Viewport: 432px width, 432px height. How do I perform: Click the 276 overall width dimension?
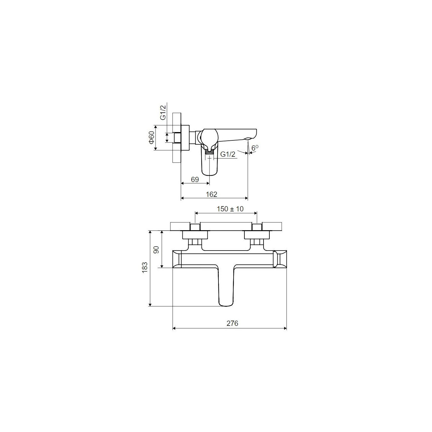point(232,323)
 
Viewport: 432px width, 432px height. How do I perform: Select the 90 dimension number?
point(156,250)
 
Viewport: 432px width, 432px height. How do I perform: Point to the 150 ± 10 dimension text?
point(230,209)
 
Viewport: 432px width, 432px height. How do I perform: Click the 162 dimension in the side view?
point(212,194)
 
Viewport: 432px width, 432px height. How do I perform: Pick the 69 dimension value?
point(195,180)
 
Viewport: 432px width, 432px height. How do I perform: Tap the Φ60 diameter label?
point(152,137)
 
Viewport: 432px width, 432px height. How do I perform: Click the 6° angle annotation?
point(255,148)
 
